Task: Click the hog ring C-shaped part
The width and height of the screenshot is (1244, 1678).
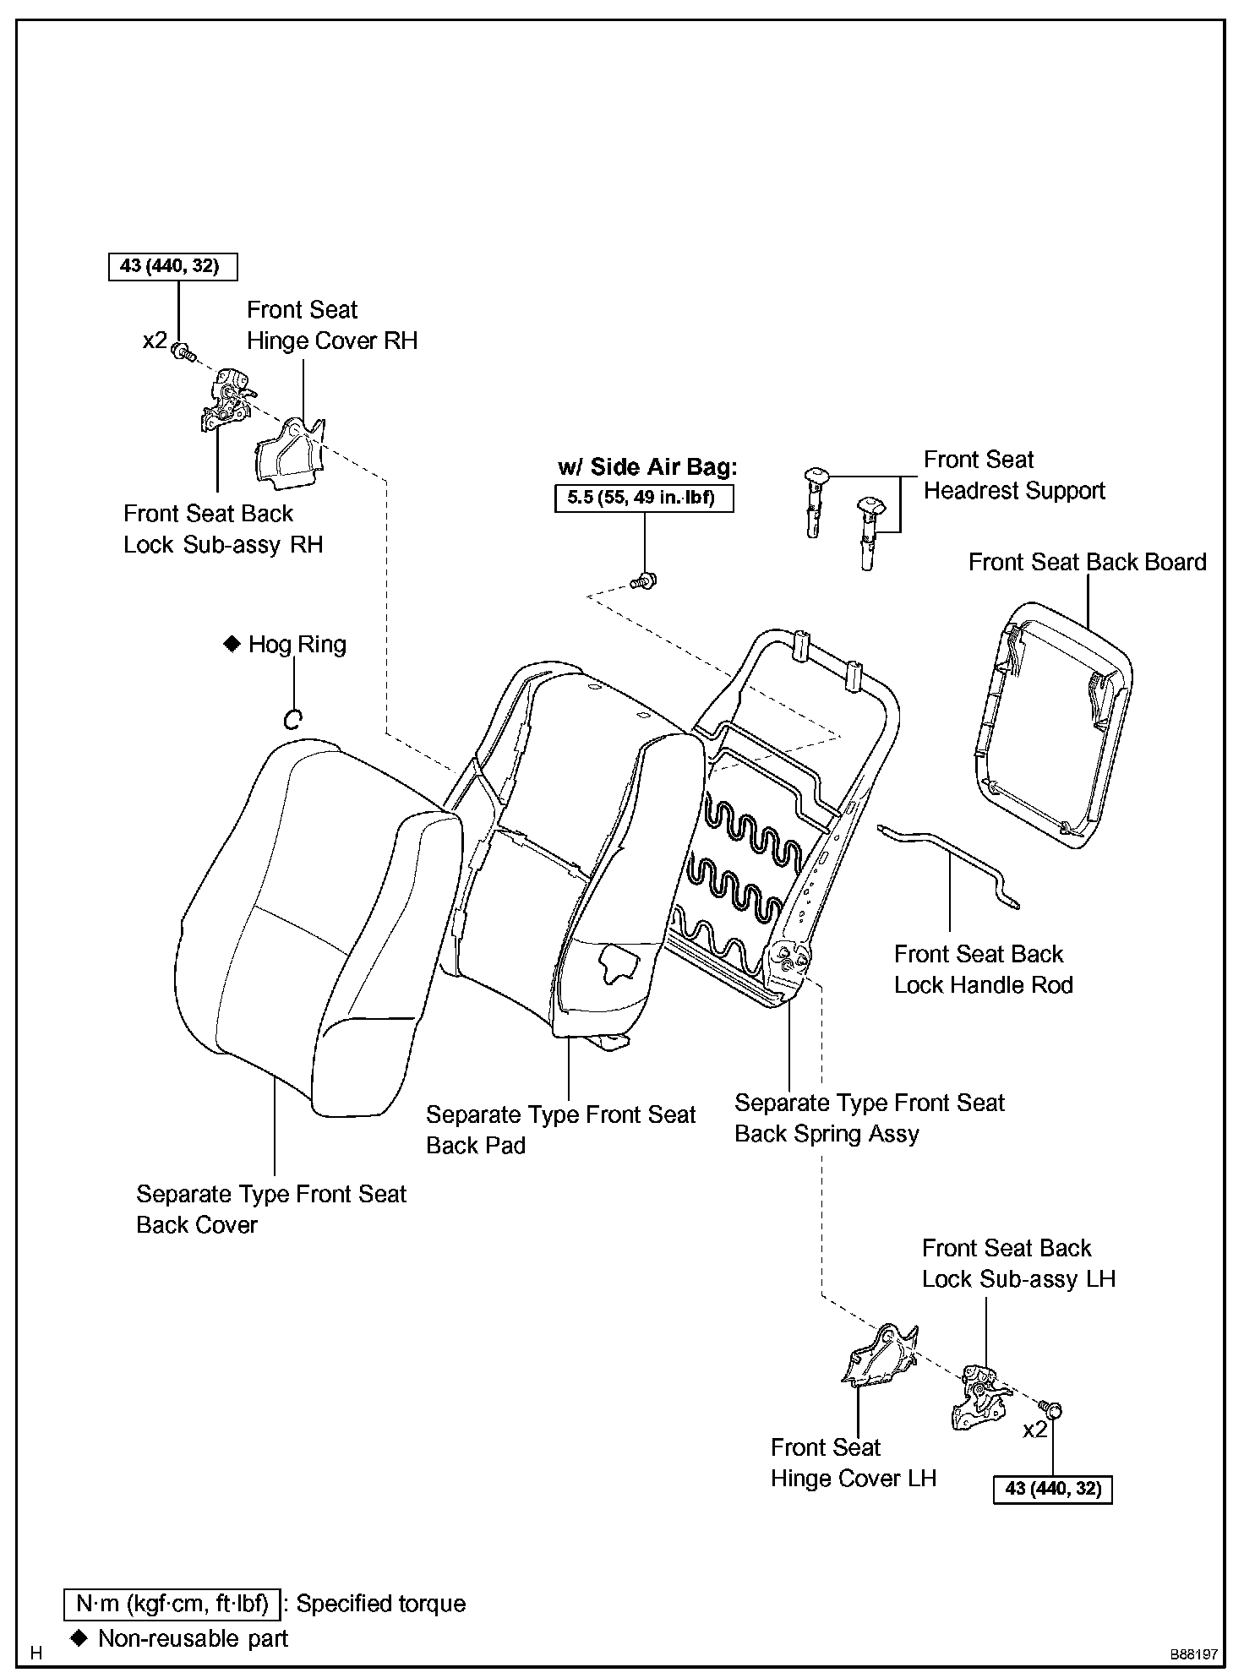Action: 292,719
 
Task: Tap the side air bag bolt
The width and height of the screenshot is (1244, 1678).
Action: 646,581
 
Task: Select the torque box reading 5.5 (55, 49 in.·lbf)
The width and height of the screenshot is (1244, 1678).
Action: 643,498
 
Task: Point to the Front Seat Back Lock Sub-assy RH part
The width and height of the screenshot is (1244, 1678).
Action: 226,397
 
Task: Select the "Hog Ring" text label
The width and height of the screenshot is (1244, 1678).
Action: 297,645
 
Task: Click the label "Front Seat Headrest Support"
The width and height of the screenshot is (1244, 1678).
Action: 1013,475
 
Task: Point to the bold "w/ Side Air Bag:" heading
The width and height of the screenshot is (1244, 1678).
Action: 647,467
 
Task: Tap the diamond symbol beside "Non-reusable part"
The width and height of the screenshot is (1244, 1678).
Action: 79,1637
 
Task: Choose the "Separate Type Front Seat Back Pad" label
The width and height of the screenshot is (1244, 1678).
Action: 559,1130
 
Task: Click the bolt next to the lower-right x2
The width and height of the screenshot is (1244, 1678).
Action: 1052,1410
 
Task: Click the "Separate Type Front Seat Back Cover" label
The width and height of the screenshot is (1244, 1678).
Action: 270,1209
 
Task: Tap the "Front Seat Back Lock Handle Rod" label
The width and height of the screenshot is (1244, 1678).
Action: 983,969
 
